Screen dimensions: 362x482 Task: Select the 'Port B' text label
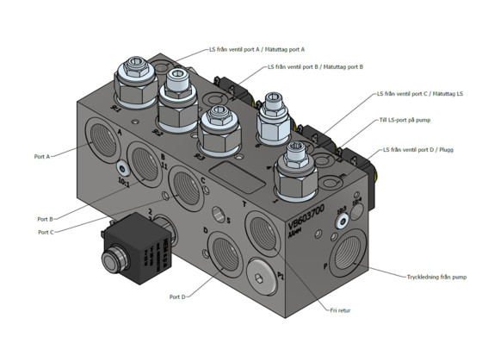pyautogui.click(x=45, y=219)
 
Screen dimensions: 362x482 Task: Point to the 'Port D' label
pyautogui.click(x=177, y=296)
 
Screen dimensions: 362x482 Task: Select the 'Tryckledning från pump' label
pyautogui.click(x=436, y=277)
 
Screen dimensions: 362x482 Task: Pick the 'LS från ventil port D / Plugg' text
pyautogui.click(x=421, y=149)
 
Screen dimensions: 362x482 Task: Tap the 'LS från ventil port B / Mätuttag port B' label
pyautogui.click(x=314, y=66)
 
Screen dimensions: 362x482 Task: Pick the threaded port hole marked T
pyautogui.click(x=262, y=228)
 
